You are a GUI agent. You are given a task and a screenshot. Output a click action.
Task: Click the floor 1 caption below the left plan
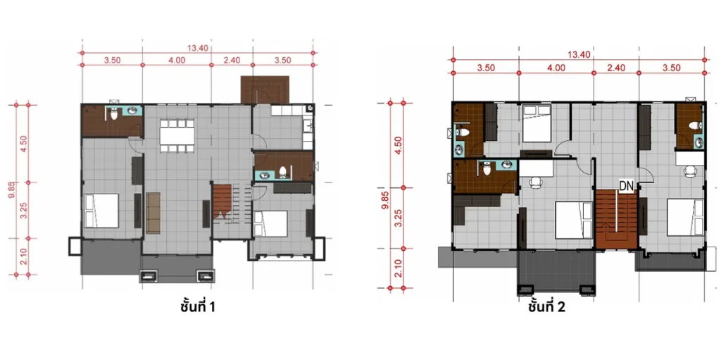tap(197, 306)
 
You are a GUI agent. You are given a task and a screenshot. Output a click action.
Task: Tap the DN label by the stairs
tap(626, 185)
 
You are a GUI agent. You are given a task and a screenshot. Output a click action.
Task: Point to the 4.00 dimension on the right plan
tap(556, 68)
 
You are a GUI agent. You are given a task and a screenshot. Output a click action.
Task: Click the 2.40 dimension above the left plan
tap(232, 60)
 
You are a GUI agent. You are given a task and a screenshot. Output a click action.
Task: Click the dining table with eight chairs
tap(177, 135)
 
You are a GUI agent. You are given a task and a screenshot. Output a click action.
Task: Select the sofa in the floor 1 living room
tap(153, 213)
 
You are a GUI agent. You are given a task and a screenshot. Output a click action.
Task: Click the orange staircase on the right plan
tap(616, 218)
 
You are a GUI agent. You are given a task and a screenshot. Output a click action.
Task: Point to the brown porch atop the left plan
tap(265, 89)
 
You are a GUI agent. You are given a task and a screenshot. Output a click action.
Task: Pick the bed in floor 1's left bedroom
tap(101, 211)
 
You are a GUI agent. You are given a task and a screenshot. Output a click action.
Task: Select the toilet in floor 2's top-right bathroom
tap(694, 125)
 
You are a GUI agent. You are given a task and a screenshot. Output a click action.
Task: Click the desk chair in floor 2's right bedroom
tap(690, 171)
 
